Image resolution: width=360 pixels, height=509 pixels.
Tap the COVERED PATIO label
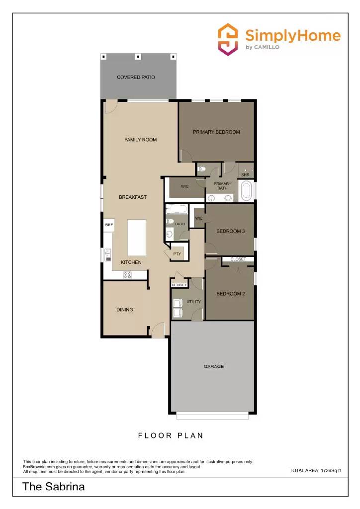tap(136, 78)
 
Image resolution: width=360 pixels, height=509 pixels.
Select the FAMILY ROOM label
tap(140, 140)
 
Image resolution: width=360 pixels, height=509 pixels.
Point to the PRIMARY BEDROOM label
tap(216, 132)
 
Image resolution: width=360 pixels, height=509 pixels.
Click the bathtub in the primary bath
tap(246, 191)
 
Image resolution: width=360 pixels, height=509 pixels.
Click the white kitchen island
tap(138, 238)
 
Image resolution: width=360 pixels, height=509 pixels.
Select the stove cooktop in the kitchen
tap(128, 275)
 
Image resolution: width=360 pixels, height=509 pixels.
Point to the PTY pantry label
tap(177, 254)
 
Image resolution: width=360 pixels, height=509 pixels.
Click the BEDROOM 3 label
tap(230, 231)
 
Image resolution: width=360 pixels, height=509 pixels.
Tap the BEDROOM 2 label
tap(230, 294)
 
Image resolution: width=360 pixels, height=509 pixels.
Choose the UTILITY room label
tap(193, 302)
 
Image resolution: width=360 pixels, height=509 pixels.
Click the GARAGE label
tap(214, 366)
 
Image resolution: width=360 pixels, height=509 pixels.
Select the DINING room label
tap(125, 310)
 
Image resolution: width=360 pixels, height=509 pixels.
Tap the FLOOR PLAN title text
tap(171, 436)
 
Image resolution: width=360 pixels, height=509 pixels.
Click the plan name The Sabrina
tap(54, 487)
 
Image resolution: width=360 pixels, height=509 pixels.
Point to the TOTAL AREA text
tap(315, 470)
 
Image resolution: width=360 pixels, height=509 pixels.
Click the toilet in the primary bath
tap(202, 169)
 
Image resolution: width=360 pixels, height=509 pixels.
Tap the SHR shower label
tap(245, 175)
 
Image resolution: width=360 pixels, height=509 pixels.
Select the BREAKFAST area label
tap(133, 197)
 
